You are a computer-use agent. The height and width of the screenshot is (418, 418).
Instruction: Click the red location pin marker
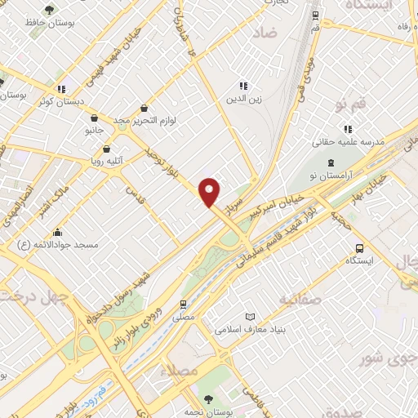pyautogui.click(x=211, y=191)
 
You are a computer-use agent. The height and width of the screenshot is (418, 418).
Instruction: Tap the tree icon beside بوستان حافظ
pyautogui.click(x=51, y=11)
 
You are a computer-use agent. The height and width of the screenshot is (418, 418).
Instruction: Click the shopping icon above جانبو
pyautogui.click(x=95, y=118)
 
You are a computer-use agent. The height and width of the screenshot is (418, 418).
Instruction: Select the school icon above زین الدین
pyautogui.click(x=242, y=86)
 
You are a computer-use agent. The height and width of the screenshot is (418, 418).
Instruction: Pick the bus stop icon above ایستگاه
pyautogui.click(x=358, y=249)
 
